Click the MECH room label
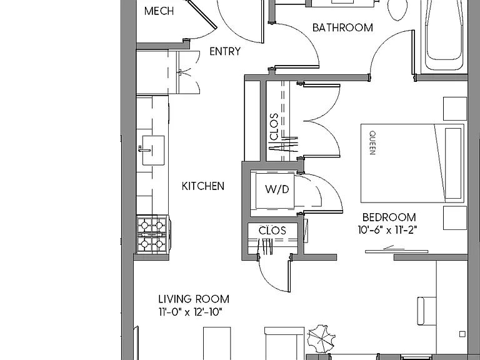159,11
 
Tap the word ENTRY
225,51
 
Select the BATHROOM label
342,27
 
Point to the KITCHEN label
203,186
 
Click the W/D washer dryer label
277,189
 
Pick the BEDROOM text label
389,217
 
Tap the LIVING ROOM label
194,299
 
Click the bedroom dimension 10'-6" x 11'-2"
387,230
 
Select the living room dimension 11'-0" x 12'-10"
190,312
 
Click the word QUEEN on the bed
372,142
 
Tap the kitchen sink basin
153,150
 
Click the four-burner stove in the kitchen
152,234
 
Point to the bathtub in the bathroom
444,34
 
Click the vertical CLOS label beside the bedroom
274,127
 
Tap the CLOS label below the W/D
272,231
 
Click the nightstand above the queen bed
455,109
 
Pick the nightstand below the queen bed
455,217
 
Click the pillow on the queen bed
453,164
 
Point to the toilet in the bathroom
397,9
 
